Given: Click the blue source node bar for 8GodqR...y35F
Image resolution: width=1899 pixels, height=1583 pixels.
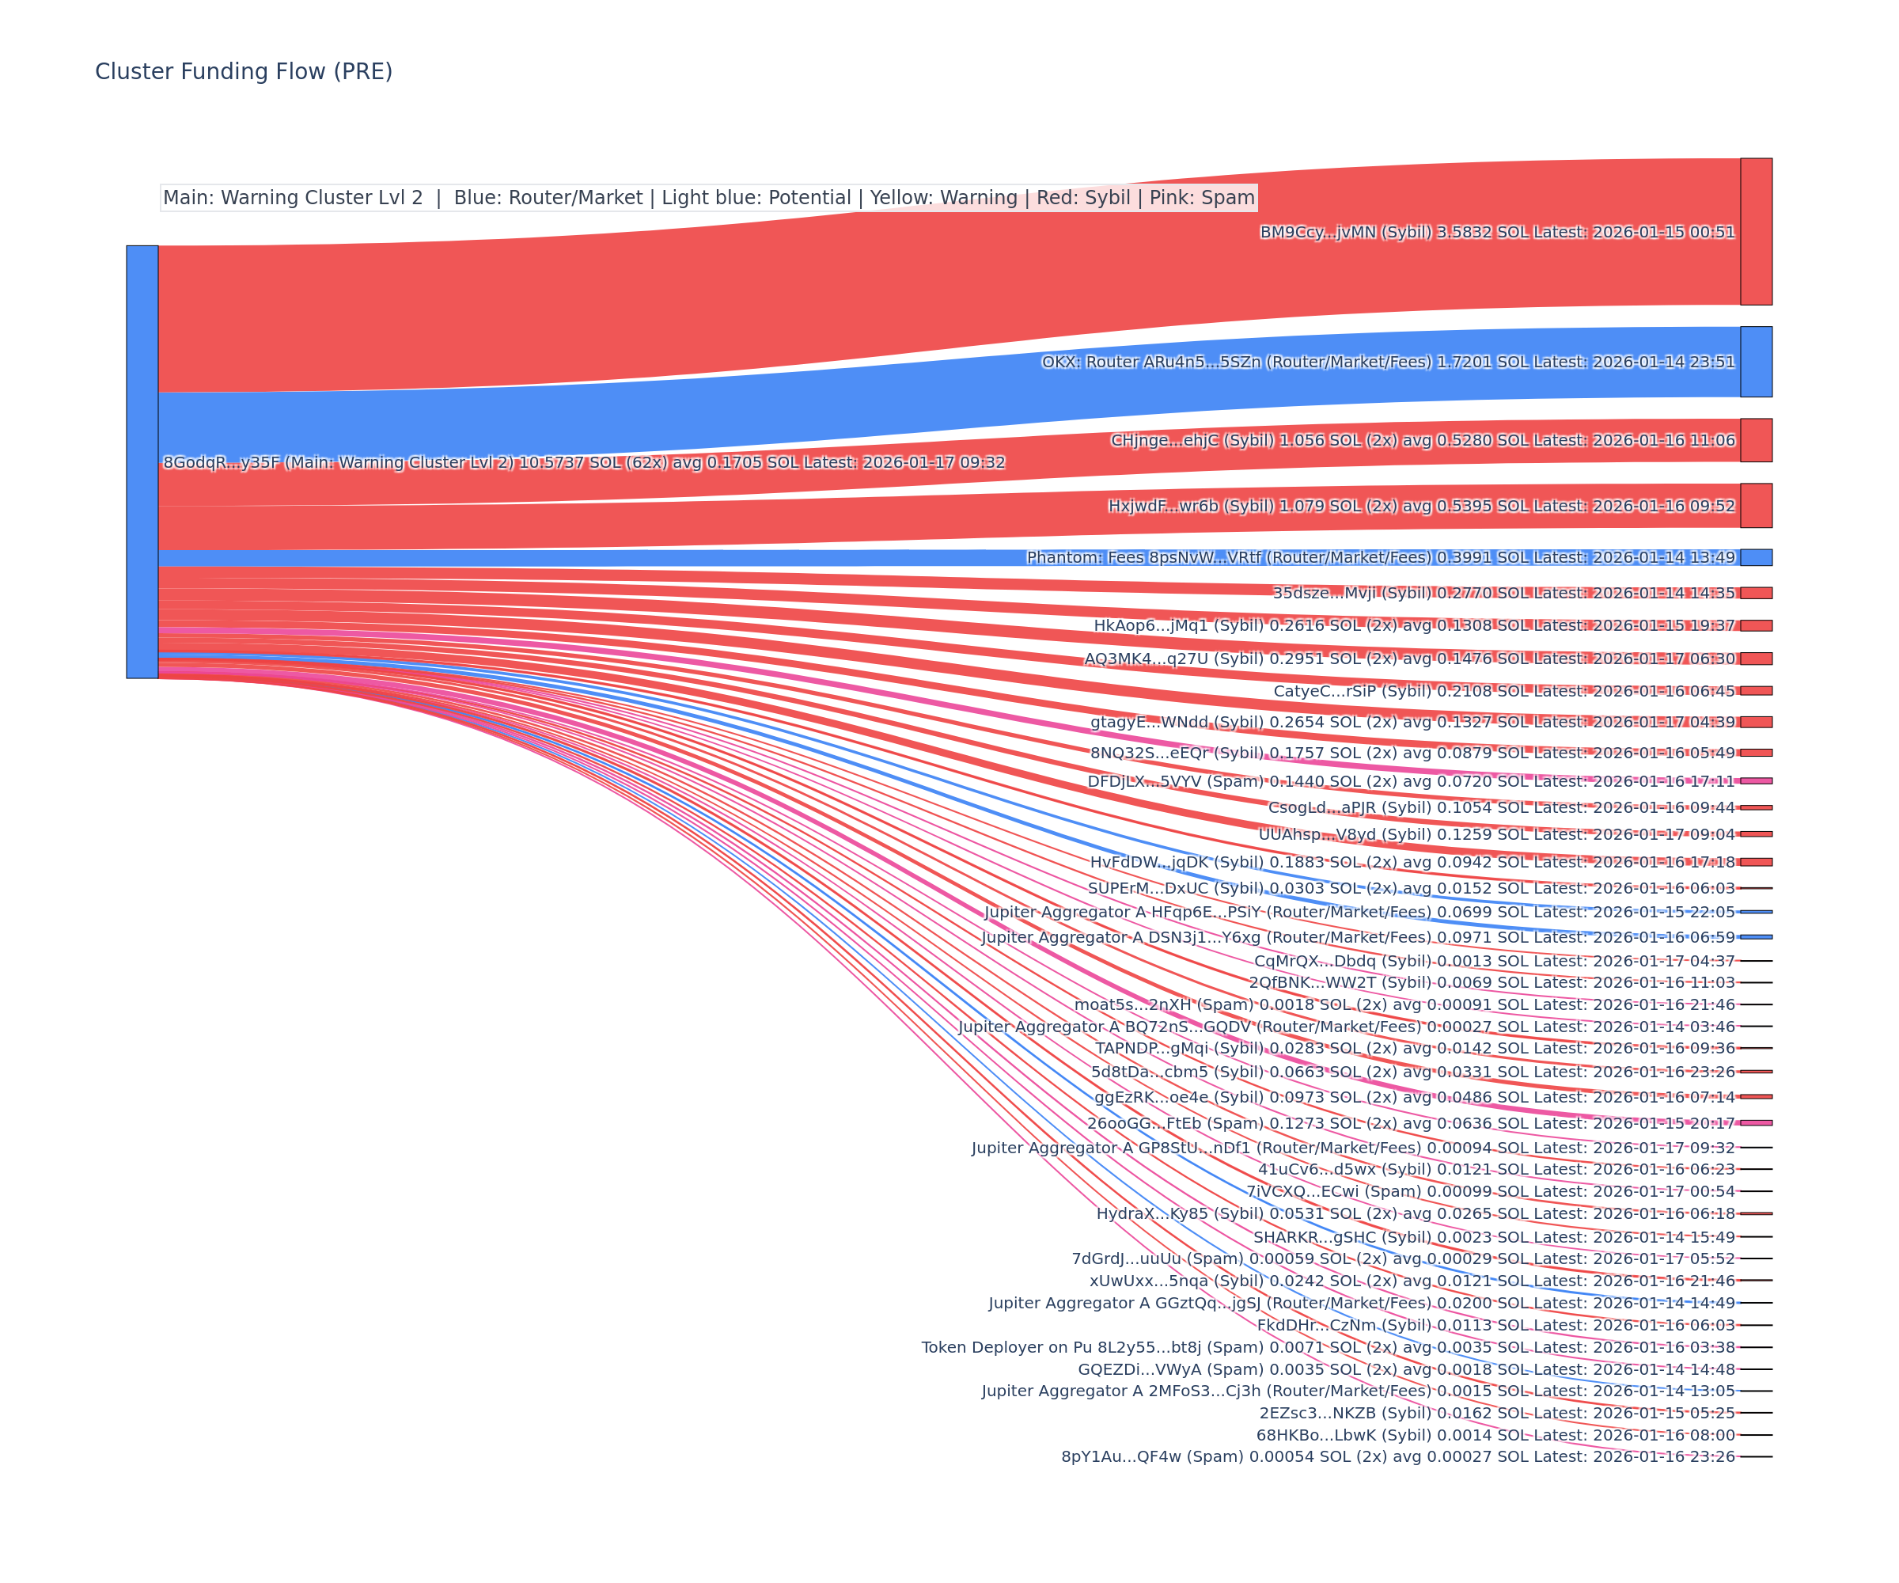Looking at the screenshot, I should [142, 461].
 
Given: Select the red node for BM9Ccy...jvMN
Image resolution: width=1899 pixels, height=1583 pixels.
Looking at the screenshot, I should [1755, 232].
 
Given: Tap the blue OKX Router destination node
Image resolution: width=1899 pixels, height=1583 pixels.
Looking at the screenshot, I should [1755, 362].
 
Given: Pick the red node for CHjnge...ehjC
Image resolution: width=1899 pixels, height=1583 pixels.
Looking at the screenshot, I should [1755, 441].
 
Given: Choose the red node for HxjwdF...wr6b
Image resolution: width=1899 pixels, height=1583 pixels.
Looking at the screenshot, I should [1755, 506].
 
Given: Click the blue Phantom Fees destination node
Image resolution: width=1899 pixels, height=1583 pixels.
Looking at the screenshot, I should [1755, 557].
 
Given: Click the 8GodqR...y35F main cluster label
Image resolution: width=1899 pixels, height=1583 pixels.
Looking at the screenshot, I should [583, 462].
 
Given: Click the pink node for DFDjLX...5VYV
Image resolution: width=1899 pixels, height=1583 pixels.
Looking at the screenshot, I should [1755, 780].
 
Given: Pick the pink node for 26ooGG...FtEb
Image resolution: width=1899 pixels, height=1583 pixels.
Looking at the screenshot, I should [1755, 1122].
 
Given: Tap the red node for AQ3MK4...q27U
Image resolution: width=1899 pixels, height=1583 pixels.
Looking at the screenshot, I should [1755, 659].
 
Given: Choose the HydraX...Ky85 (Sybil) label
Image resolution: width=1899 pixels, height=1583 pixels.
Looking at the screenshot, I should [1179, 1214].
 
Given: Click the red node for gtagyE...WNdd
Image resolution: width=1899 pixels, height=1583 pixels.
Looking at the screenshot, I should [1755, 722].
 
